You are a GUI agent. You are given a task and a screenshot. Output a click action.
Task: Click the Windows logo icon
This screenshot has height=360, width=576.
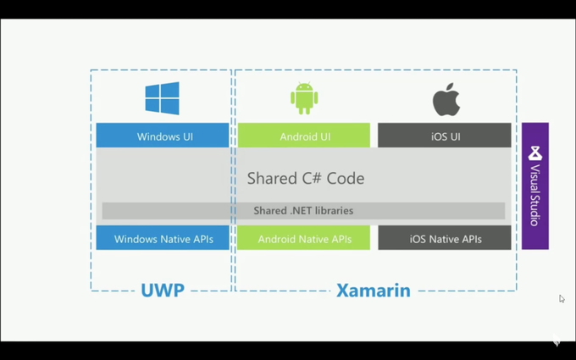pos(162,98)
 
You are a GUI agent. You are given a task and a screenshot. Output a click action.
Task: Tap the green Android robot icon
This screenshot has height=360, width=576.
pos(304,98)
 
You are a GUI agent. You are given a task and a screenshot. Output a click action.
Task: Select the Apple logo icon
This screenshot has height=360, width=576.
pos(446,101)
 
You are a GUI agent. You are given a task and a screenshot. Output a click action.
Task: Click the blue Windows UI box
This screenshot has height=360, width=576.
pos(163,136)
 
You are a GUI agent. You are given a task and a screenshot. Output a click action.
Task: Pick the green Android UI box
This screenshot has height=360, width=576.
pos(304,136)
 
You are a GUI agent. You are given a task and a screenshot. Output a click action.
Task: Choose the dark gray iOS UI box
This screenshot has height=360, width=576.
pos(445,136)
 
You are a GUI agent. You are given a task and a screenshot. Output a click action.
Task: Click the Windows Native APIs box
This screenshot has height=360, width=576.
pos(163,238)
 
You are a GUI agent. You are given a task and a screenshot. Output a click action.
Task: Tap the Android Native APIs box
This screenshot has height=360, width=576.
pos(304,238)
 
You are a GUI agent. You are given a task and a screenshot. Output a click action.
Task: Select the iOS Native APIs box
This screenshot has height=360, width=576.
pos(445,238)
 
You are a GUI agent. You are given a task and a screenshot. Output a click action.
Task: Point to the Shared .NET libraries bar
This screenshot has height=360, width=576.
pos(303,210)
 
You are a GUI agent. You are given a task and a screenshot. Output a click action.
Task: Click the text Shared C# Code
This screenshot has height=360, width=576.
pos(305,178)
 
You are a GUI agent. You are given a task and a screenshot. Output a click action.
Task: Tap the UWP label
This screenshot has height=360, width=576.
pos(163,291)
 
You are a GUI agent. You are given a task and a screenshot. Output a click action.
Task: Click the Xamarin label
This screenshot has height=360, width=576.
pos(373,291)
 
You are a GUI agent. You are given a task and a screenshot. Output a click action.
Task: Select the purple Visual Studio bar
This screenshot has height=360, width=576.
pos(534,186)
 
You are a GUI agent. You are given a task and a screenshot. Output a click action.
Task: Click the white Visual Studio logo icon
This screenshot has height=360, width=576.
pos(534,153)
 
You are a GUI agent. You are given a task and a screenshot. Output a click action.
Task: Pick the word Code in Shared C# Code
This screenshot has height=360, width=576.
pos(345,178)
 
